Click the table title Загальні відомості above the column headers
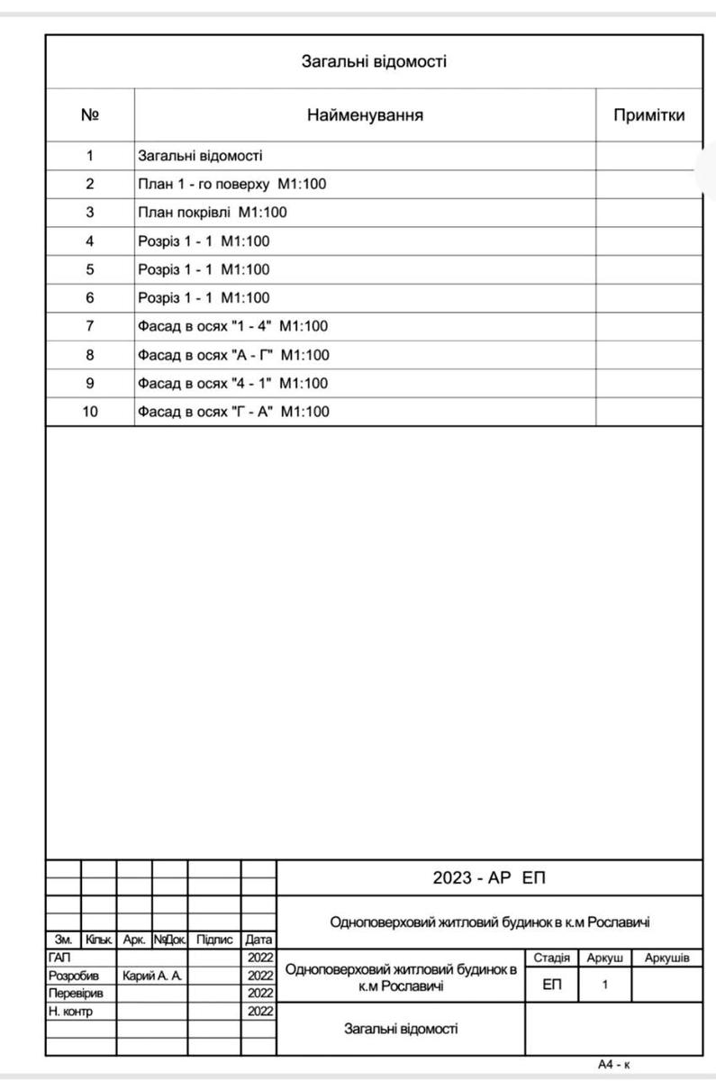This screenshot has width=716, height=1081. pyautogui.click(x=373, y=62)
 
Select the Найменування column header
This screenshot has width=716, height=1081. pyautogui.click(x=365, y=115)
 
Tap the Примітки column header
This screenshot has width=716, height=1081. pyautogui.click(x=648, y=115)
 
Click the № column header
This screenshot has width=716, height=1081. pyautogui.click(x=90, y=115)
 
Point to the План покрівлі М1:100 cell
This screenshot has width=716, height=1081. pyautogui.click(x=212, y=213)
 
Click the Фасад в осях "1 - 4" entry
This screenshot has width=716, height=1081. pyautogui.click(x=232, y=326)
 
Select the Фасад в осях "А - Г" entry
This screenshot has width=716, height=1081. pyautogui.click(x=233, y=355)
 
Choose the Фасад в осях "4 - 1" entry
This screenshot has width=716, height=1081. pyautogui.click(x=232, y=383)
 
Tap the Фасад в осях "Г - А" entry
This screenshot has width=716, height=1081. pyautogui.click(x=233, y=412)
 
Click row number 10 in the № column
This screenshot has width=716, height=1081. pyautogui.click(x=90, y=412)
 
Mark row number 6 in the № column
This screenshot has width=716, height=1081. pyautogui.click(x=90, y=297)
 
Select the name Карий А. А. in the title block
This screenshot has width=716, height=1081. pyautogui.click(x=152, y=976)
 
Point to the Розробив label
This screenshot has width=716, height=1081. pyautogui.click(x=68, y=976)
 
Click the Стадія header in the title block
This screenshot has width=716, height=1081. pyautogui.click(x=551, y=958)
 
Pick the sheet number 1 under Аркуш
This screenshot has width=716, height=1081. pyautogui.click(x=605, y=985)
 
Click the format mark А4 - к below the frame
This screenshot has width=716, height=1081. pyautogui.click(x=614, y=1065)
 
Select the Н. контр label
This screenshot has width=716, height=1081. pyautogui.click(x=69, y=1011)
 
